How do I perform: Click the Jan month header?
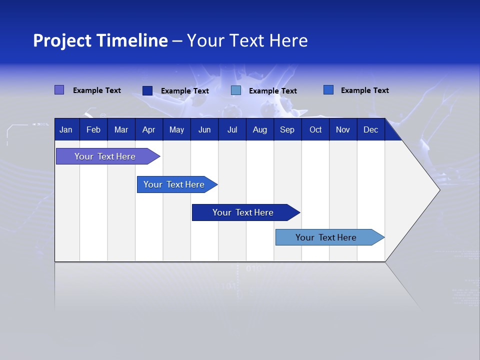pos(66,129)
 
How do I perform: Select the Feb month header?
pos(93,129)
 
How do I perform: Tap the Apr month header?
pos(148,129)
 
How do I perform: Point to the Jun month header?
pos(204,129)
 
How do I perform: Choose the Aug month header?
pos(259,129)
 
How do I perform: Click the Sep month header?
pos(287,129)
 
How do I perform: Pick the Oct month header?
pos(315,129)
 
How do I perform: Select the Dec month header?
pos(370,129)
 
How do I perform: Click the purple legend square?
pos(59,90)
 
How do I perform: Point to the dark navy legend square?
pos(147,90)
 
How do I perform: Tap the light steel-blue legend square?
pos(236,90)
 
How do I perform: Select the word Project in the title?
pos(62,40)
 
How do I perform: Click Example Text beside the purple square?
pos(97,90)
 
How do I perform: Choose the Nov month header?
pos(342,129)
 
